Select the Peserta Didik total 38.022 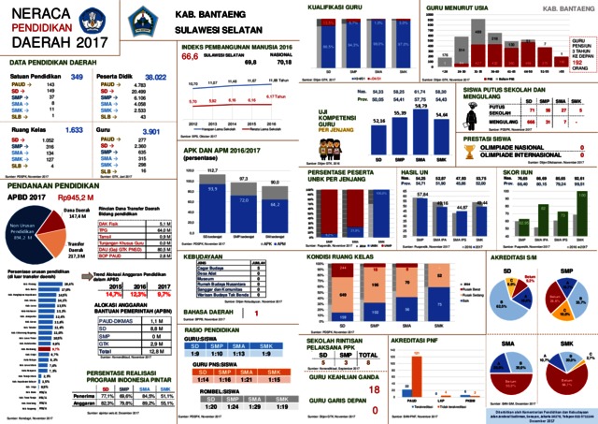(155, 76)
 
